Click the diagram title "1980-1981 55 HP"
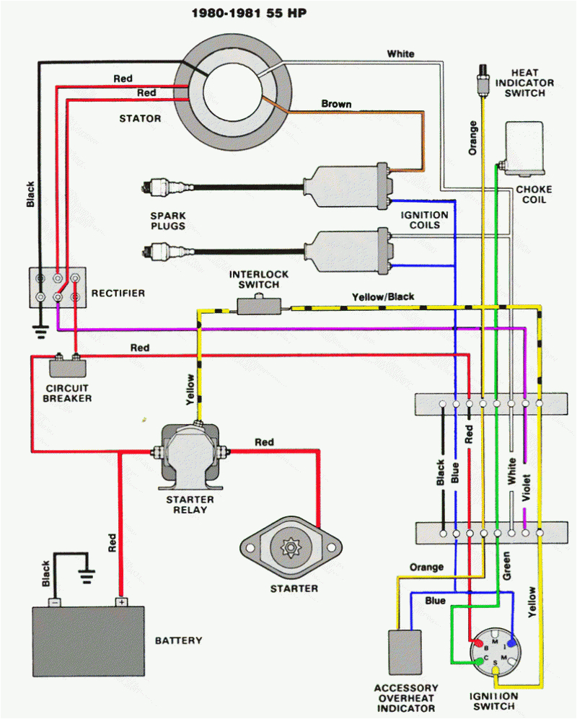(249, 13)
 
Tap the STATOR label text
(139, 118)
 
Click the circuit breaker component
(66, 366)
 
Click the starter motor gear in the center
(291, 550)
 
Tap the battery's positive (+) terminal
(120, 601)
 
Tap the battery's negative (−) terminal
(53, 601)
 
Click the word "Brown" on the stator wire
(336, 104)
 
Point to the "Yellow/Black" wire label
(383, 296)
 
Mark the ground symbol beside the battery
(87, 575)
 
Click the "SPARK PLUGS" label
(168, 221)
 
